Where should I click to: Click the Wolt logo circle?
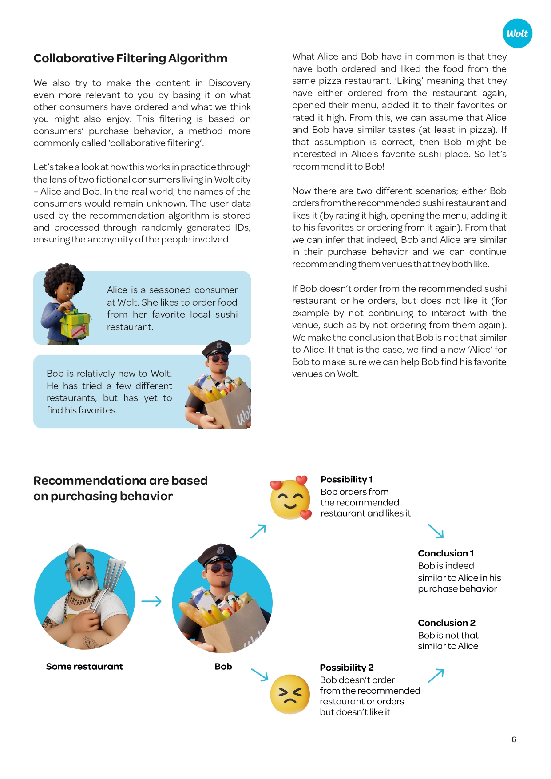(517, 33)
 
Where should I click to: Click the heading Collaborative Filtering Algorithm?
(130, 58)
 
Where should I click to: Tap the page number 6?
(514, 739)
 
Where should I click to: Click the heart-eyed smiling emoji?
(290, 499)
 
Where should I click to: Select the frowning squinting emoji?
(290, 694)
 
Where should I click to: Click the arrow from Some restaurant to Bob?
(151, 602)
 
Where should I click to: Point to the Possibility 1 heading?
(346, 479)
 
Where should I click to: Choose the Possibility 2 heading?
(346, 668)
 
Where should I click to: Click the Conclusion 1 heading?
(446, 553)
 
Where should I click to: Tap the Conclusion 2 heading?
(447, 623)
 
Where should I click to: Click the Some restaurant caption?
(84, 666)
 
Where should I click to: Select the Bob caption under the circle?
(223, 666)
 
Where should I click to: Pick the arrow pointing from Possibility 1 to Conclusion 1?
(436, 531)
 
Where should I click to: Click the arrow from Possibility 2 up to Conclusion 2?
(436, 675)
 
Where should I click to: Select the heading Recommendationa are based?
(120, 481)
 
